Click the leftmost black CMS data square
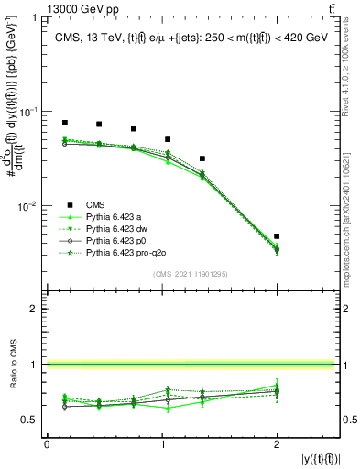click(x=64, y=123)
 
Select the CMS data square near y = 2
click(x=277, y=236)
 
